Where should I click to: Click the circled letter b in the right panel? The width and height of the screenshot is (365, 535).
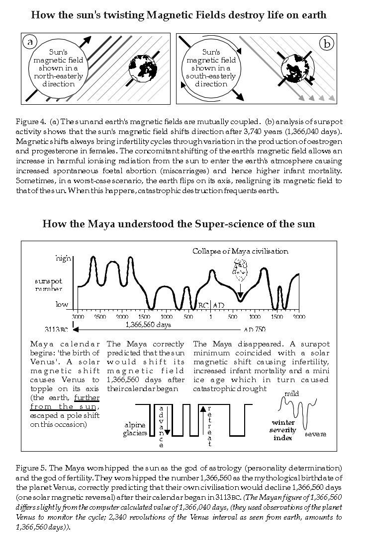(327, 44)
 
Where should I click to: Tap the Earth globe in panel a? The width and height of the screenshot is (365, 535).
(144, 71)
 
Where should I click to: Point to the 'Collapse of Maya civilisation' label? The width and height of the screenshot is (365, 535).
(240, 251)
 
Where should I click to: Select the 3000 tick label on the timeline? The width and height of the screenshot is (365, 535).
(78, 316)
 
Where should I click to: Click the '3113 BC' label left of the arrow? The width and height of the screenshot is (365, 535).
(57, 329)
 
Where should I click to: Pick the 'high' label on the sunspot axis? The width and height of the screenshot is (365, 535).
(63, 259)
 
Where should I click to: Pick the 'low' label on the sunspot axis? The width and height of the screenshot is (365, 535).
(62, 304)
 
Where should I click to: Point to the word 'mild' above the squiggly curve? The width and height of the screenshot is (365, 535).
(291, 394)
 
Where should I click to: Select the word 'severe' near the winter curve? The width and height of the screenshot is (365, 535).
(315, 434)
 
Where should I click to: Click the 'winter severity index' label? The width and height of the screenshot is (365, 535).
(283, 430)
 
